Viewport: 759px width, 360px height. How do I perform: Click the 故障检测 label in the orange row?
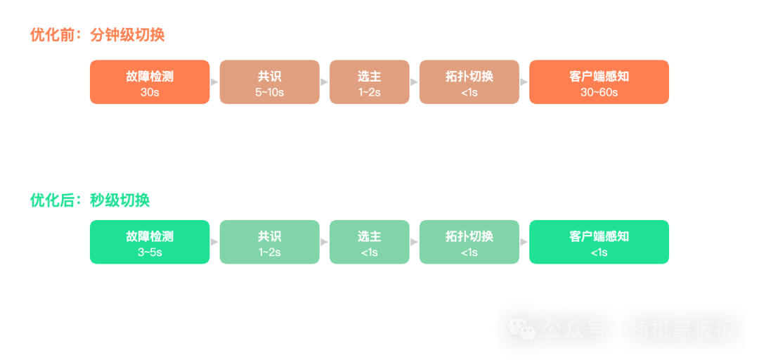pos(150,77)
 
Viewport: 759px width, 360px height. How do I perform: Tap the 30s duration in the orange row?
pos(150,92)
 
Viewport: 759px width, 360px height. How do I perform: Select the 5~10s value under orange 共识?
pos(269,92)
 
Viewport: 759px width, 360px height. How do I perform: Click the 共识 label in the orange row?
pos(269,77)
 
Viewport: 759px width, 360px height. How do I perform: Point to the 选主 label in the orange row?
pos(369,77)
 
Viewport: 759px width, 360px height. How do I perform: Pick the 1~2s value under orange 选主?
pos(369,92)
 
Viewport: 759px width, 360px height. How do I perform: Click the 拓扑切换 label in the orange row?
pos(469,77)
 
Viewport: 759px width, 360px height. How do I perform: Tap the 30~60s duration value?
pos(599,92)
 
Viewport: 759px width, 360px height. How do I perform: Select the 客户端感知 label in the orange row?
pos(599,77)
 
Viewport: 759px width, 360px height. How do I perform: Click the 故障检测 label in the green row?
pos(150,237)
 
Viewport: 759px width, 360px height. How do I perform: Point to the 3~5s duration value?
pos(150,252)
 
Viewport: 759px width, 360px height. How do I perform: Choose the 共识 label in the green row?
pos(269,237)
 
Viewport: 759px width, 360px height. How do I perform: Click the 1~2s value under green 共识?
pos(269,252)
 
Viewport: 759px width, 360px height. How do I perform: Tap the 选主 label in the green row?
pos(369,237)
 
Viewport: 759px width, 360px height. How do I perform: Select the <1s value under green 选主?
pos(369,252)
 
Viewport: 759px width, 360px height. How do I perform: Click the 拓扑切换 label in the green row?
pos(469,237)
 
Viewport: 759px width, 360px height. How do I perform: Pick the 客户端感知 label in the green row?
pos(599,237)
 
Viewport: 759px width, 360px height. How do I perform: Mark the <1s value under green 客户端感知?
pos(599,252)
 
